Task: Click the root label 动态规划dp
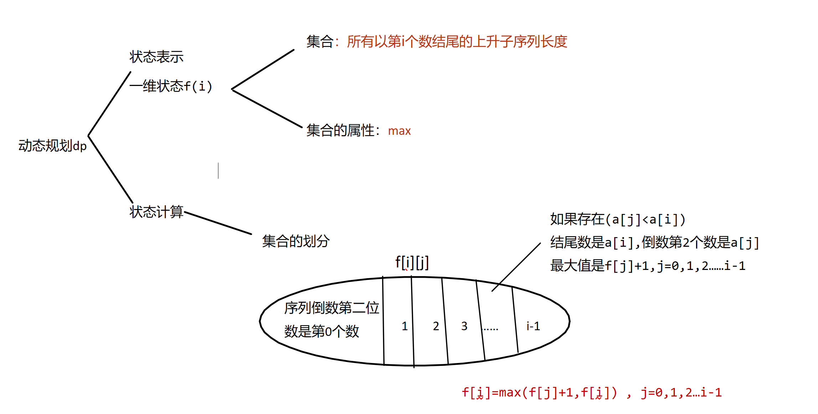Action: coord(52,146)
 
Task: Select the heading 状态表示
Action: coord(156,57)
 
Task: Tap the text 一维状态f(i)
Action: coord(171,86)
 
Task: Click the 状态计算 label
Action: coord(156,212)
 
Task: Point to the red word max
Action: coord(399,131)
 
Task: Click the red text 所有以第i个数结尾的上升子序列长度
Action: coord(457,42)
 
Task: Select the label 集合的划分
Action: coord(296,241)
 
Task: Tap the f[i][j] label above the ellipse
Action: coord(412,263)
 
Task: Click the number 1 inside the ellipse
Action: coord(405,326)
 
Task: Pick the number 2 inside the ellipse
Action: coord(436,326)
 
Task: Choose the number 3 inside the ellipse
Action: coord(464,326)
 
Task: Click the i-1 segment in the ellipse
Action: coord(533,326)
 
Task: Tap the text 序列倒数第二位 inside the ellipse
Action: coord(332,308)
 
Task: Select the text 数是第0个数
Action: coord(321,331)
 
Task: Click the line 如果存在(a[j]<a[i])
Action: coord(617,219)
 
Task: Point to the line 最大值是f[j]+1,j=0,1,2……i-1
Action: coord(648,266)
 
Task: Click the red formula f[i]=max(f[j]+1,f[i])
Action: coord(539,393)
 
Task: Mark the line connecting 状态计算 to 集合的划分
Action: coord(218,223)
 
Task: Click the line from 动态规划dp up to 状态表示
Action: coord(109,104)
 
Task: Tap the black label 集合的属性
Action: coord(340,131)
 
